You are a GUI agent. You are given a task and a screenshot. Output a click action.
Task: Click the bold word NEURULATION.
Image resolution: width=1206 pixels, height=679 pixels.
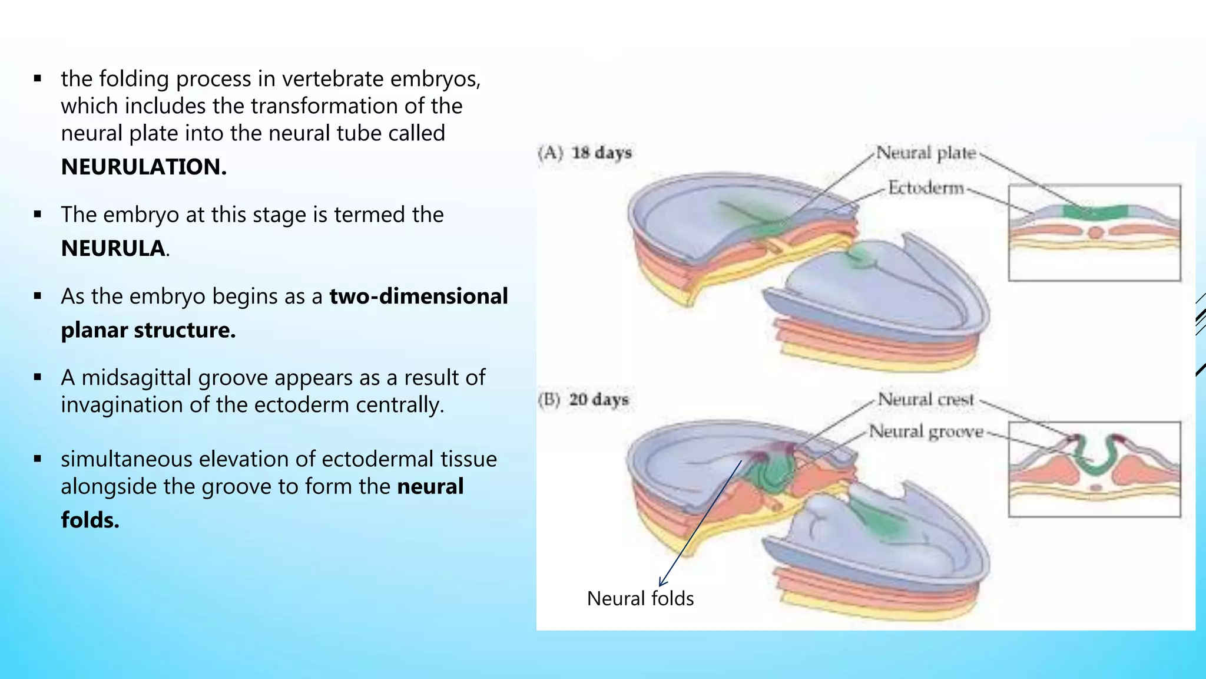click(x=144, y=167)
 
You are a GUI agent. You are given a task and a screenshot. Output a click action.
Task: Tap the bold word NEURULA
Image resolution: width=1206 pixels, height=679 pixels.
click(x=114, y=249)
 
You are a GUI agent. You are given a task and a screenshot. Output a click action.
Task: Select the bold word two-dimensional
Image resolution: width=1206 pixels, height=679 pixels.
click(x=418, y=296)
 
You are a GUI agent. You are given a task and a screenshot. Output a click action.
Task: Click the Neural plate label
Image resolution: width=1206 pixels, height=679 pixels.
click(x=926, y=153)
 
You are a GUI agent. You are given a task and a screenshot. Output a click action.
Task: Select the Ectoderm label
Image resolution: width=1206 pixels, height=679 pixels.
click(x=926, y=188)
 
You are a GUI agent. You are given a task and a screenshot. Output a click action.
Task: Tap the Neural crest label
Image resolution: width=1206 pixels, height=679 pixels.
click(x=926, y=400)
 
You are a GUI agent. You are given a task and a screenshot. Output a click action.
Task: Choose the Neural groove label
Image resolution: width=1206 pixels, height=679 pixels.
click(x=926, y=432)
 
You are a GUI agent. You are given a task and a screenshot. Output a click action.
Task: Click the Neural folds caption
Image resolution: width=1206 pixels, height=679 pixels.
click(x=640, y=599)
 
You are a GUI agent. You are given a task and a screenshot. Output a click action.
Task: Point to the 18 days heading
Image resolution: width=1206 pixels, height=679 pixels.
click(x=601, y=153)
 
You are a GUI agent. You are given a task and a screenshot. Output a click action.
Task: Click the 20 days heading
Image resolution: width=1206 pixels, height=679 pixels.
click(x=598, y=400)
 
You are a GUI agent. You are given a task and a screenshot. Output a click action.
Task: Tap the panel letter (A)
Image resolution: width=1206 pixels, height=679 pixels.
click(x=551, y=153)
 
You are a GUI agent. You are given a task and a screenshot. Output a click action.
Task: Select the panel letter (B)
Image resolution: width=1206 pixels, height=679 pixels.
click(x=549, y=400)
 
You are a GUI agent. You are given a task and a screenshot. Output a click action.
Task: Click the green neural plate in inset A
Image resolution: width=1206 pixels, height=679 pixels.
click(x=1095, y=212)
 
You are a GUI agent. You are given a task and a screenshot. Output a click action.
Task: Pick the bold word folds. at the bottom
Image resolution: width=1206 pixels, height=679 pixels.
click(x=90, y=520)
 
